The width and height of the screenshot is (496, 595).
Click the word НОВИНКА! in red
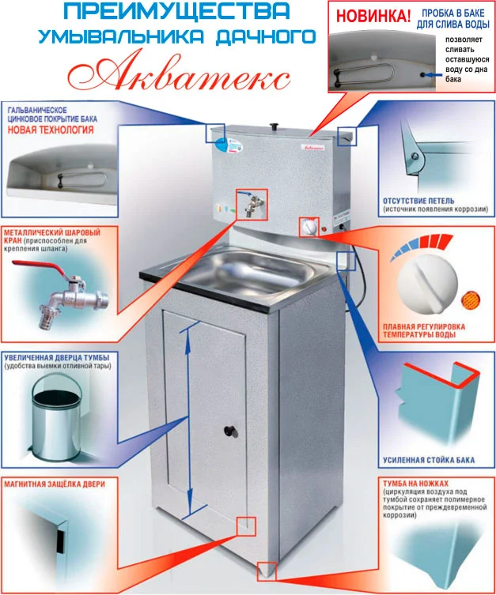373,17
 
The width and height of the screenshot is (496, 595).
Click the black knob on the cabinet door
230,431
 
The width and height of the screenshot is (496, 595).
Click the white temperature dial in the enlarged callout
427,283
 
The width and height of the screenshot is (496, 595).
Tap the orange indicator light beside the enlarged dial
471,299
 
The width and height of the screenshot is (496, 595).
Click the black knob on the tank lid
275,126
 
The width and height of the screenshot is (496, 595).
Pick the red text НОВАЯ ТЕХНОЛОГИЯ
51,130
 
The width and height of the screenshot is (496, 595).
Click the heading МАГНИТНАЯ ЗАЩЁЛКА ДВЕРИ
55,484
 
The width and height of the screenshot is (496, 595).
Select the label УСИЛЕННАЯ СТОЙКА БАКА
429,461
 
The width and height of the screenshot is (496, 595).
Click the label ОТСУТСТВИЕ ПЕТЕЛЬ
418,201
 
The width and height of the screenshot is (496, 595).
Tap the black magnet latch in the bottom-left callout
60,541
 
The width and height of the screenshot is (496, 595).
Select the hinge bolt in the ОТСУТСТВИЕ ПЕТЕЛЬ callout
415,156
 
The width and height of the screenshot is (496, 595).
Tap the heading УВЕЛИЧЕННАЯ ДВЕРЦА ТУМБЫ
57,358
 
